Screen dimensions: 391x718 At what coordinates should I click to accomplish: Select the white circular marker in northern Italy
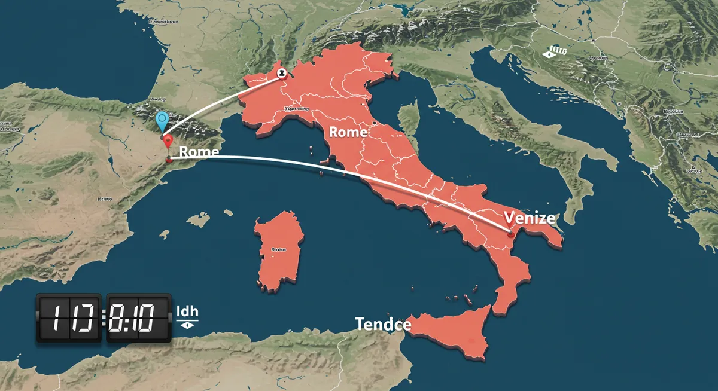(281, 73)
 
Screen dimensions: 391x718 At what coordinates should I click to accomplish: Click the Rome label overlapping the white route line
(199, 152)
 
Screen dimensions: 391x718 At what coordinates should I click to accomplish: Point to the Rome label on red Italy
(348, 132)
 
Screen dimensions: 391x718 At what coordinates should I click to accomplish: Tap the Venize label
(530, 218)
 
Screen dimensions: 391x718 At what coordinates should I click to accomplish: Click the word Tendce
(383, 325)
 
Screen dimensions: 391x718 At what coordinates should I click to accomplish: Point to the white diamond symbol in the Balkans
(547, 54)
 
